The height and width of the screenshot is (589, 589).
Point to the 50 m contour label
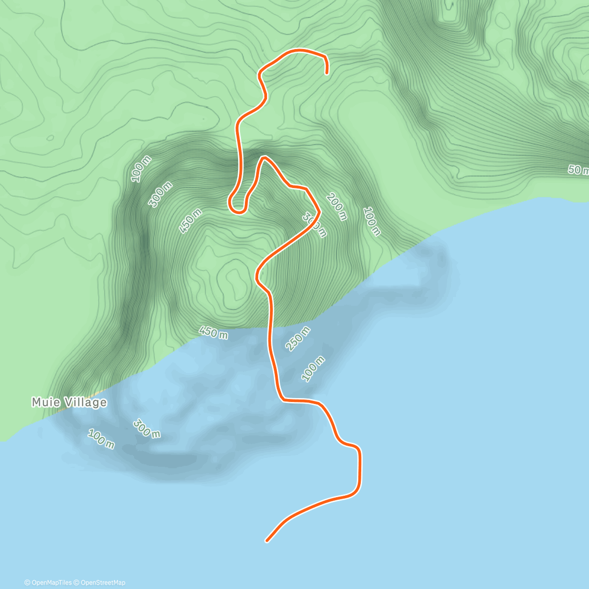click(578, 170)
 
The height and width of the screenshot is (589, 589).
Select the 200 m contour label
click(336, 206)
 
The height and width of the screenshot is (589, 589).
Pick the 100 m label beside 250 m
click(313, 369)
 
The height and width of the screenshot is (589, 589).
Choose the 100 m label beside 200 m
click(372, 221)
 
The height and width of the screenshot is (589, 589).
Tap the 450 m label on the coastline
click(214, 332)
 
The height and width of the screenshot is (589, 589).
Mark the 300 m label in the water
click(146, 428)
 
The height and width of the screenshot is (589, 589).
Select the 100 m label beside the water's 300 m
click(101, 439)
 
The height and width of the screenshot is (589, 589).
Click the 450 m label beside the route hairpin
click(191, 221)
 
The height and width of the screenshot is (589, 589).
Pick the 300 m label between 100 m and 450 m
click(161, 194)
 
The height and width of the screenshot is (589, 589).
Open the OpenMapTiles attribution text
click(48, 583)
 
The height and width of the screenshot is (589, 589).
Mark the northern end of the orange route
click(327, 73)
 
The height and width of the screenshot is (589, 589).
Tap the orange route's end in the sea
click(267, 541)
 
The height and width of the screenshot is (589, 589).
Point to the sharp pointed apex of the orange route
click(264, 158)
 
